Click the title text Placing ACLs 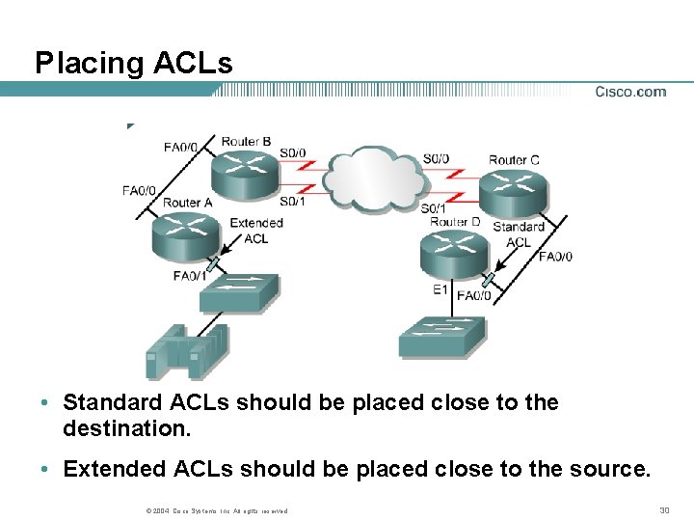click(x=134, y=64)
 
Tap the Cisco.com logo click(x=630, y=92)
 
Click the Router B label click(x=246, y=142)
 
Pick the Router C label click(x=514, y=159)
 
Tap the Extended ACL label click(x=256, y=231)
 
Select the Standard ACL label click(x=519, y=234)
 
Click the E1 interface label click(x=440, y=289)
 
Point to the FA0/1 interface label click(x=189, y=276)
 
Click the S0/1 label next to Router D click(x=433, y=208)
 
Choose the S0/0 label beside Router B click(x=293, y=152)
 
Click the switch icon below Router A click(x=238, y=292)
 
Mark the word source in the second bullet click(x=613, y=469)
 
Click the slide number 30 click(x=663, y=509)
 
